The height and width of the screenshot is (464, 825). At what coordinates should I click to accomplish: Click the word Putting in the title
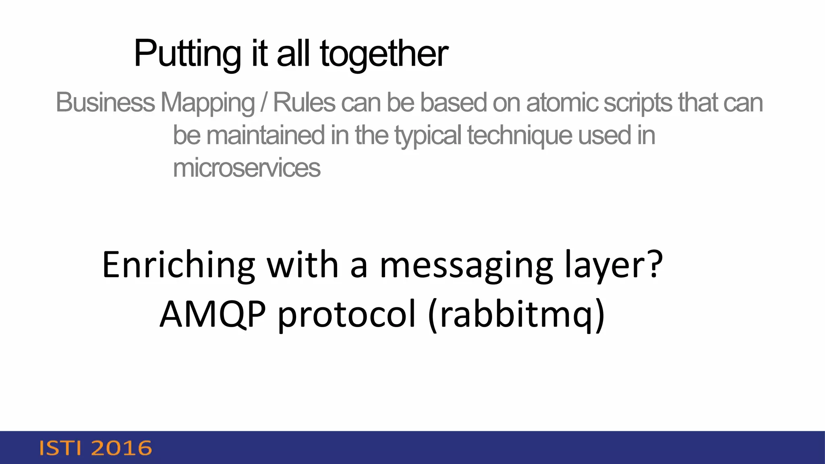[x=187, y=54]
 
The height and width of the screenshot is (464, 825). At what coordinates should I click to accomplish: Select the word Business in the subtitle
[x=105, y=102]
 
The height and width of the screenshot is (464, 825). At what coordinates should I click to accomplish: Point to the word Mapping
[x=207, y=103]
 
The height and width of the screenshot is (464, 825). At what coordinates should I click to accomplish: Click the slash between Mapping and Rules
[x=264, y=102]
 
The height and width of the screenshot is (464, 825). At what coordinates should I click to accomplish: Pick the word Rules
[x=304, y=102]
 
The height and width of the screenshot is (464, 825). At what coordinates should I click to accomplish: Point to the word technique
[x=520, y=136]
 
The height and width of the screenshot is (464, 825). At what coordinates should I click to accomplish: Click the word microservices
[x=247, y=168]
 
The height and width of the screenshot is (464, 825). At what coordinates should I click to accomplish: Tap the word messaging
[x=466, y=266]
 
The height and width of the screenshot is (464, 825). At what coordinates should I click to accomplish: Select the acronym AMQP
[x=213, y=314]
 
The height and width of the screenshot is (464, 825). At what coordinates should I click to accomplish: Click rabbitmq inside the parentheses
[x=517, y=314]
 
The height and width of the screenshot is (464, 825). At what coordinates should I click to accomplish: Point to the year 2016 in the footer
[x=122, y=448]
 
